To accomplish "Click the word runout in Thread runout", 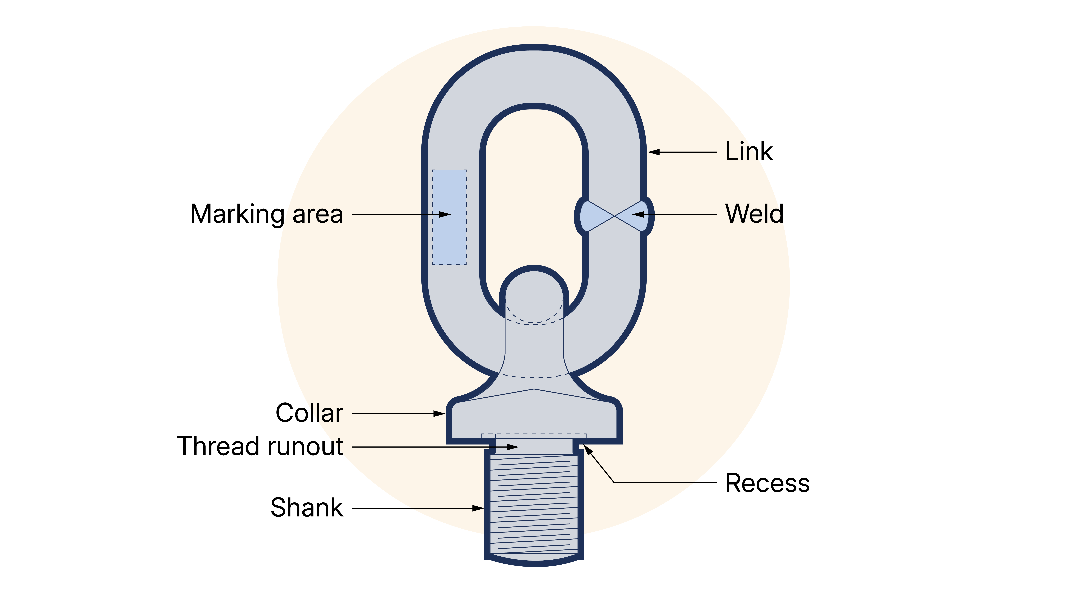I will point(306,447).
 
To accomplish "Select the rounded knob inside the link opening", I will point(534,290).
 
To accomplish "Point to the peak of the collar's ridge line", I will point(534,389).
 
